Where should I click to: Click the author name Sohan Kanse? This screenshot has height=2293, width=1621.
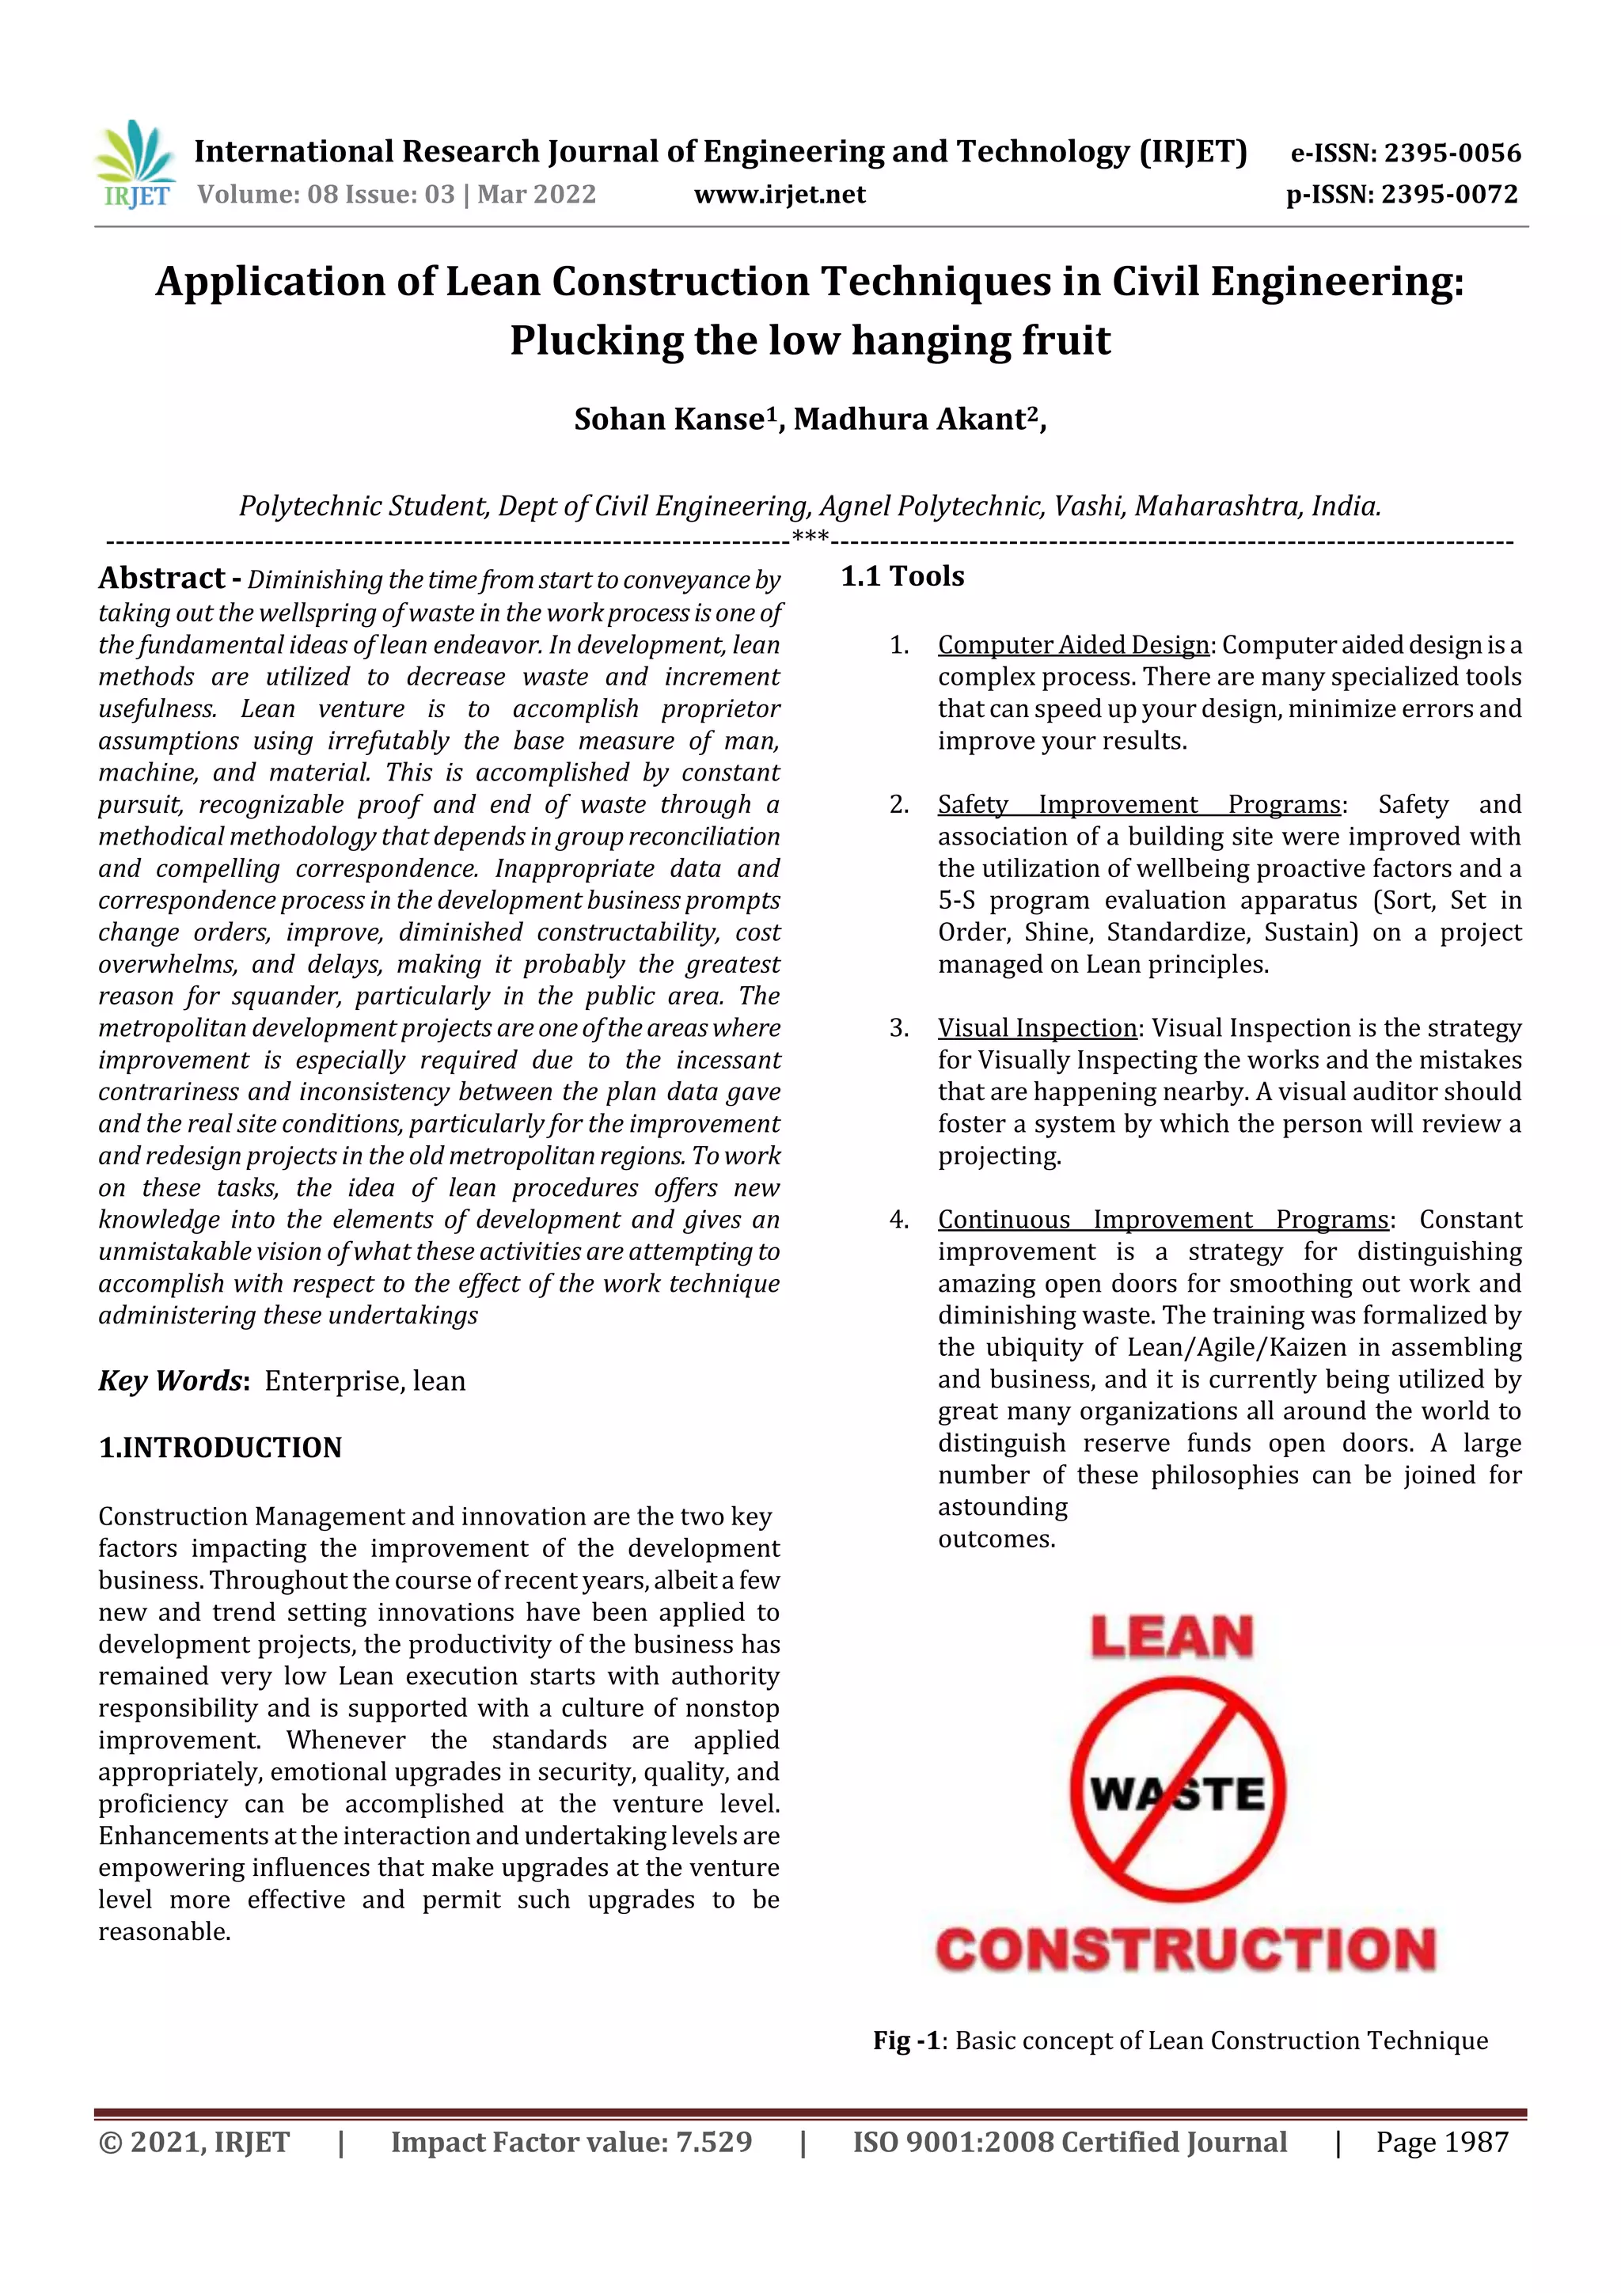pos(669,419)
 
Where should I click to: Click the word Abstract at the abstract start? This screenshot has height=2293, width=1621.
pos(161,579)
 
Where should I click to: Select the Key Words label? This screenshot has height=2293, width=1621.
pos(171,1381)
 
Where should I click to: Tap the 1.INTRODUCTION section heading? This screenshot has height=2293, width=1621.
pos(220,1448)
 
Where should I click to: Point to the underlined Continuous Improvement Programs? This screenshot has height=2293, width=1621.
pos(1163,1220)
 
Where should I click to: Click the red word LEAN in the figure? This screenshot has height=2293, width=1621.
pos(1171,1639)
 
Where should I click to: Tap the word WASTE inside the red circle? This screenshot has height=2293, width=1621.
pos(1178,1794)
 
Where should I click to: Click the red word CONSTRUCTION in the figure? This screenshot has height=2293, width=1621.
pos(1186,1949)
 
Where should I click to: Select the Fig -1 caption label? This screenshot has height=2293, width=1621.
pos(906,2041)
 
